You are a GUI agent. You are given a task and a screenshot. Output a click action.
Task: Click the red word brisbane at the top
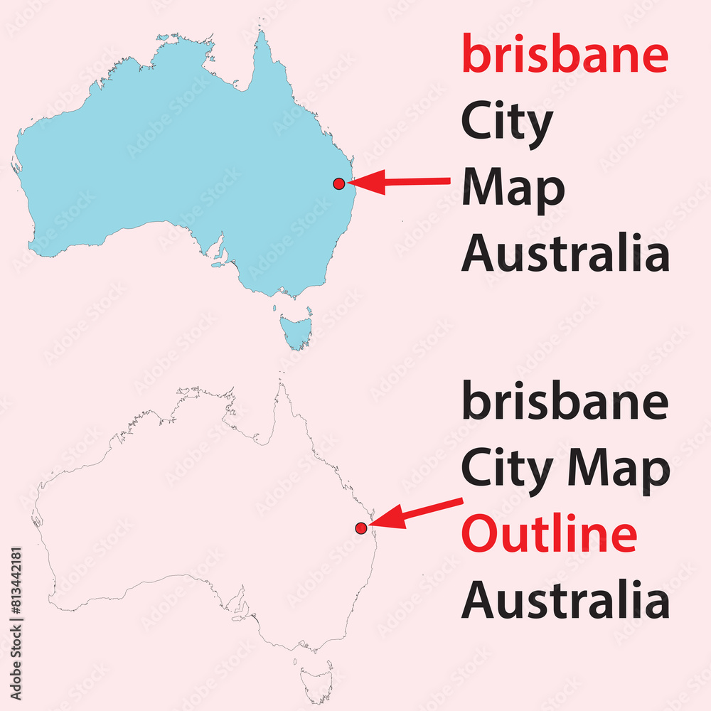(565, 55)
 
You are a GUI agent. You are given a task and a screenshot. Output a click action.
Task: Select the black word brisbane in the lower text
(565, 401)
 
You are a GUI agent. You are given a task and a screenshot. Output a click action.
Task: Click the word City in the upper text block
(507, 123)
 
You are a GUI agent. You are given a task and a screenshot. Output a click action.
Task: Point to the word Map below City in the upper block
(513, 189)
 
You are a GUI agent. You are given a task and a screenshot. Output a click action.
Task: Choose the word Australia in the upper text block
(565, 254)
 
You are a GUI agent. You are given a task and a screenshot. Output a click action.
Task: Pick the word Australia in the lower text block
(565, 600)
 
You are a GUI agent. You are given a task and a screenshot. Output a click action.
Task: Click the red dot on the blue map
(339, 183)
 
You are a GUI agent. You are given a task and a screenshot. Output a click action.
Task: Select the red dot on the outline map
(361, 528)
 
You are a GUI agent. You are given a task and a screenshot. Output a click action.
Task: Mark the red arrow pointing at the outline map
(416, 513)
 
